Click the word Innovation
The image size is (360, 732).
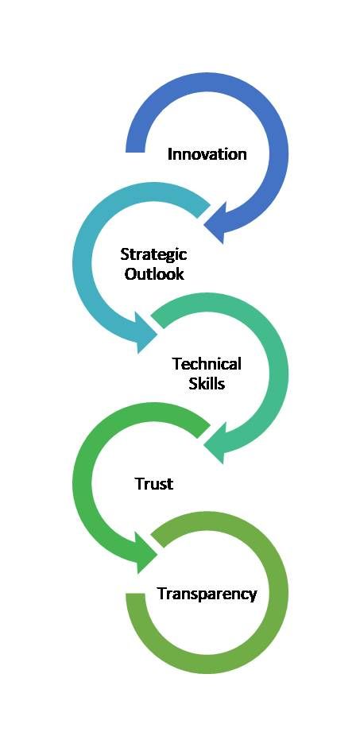pyautogui.click(x=207, y=154)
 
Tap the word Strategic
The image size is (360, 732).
pyautogui.click(x=153, y=255)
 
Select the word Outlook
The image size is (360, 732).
pyautogui.click(x=154, y=273)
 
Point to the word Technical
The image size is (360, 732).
pyautogui.click(x=207, y=364)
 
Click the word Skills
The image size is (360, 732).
pyautogui.click(x=207, y=383)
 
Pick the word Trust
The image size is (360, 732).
pyautogui.click(x=154, y=484)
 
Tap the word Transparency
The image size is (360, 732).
pyautogui.click(x=207, y=594)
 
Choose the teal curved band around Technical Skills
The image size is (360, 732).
pyautogui.click(x=279, y=374)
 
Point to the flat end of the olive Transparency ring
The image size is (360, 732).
pyautogui.click(x=135, y=595)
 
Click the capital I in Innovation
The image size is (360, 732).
pyautogui.click(x=169, y=154)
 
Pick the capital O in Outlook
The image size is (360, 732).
pyautogui.click(x=130, y=273)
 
